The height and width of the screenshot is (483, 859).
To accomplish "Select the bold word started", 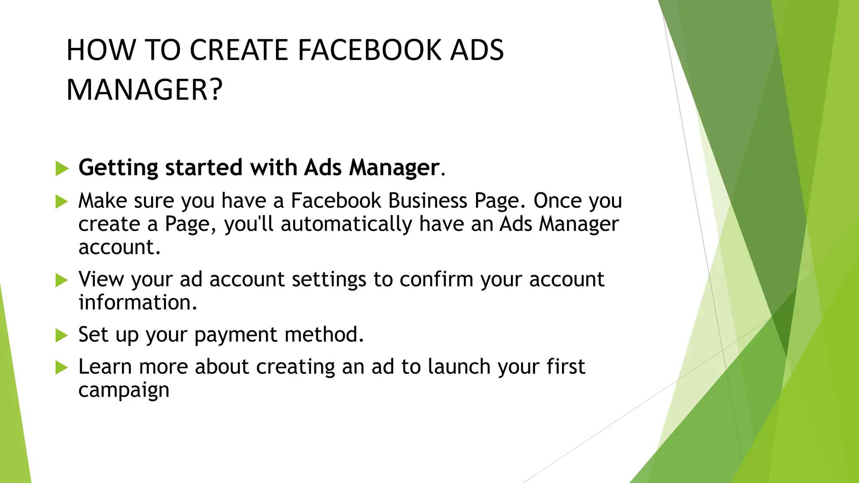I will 204,167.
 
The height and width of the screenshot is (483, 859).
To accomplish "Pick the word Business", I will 427,201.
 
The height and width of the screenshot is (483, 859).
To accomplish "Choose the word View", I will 101,279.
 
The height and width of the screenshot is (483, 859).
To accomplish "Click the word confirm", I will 436,279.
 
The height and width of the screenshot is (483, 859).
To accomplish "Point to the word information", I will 138,303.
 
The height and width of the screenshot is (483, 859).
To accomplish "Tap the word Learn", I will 105,367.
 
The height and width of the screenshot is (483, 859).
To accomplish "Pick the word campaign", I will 124,391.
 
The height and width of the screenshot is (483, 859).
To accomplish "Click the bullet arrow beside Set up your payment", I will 62,335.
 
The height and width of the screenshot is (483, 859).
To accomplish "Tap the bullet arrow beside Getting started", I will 62,169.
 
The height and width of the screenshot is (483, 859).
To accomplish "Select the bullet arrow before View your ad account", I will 62,280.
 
